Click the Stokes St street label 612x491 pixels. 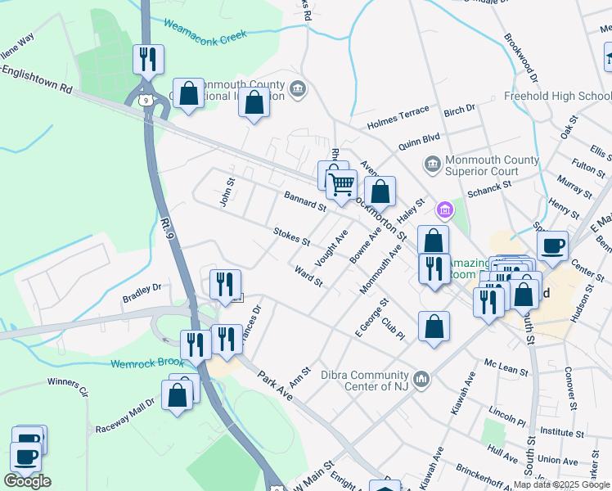pos(292,236)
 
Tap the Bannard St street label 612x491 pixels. pos(305,201)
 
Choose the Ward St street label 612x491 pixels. pos(308,276)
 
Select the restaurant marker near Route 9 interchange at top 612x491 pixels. pos(148,59)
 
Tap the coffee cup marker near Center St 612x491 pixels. pos(553,245)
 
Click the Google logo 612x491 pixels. pos(27,481)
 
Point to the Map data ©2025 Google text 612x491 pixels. pos(561,484)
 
